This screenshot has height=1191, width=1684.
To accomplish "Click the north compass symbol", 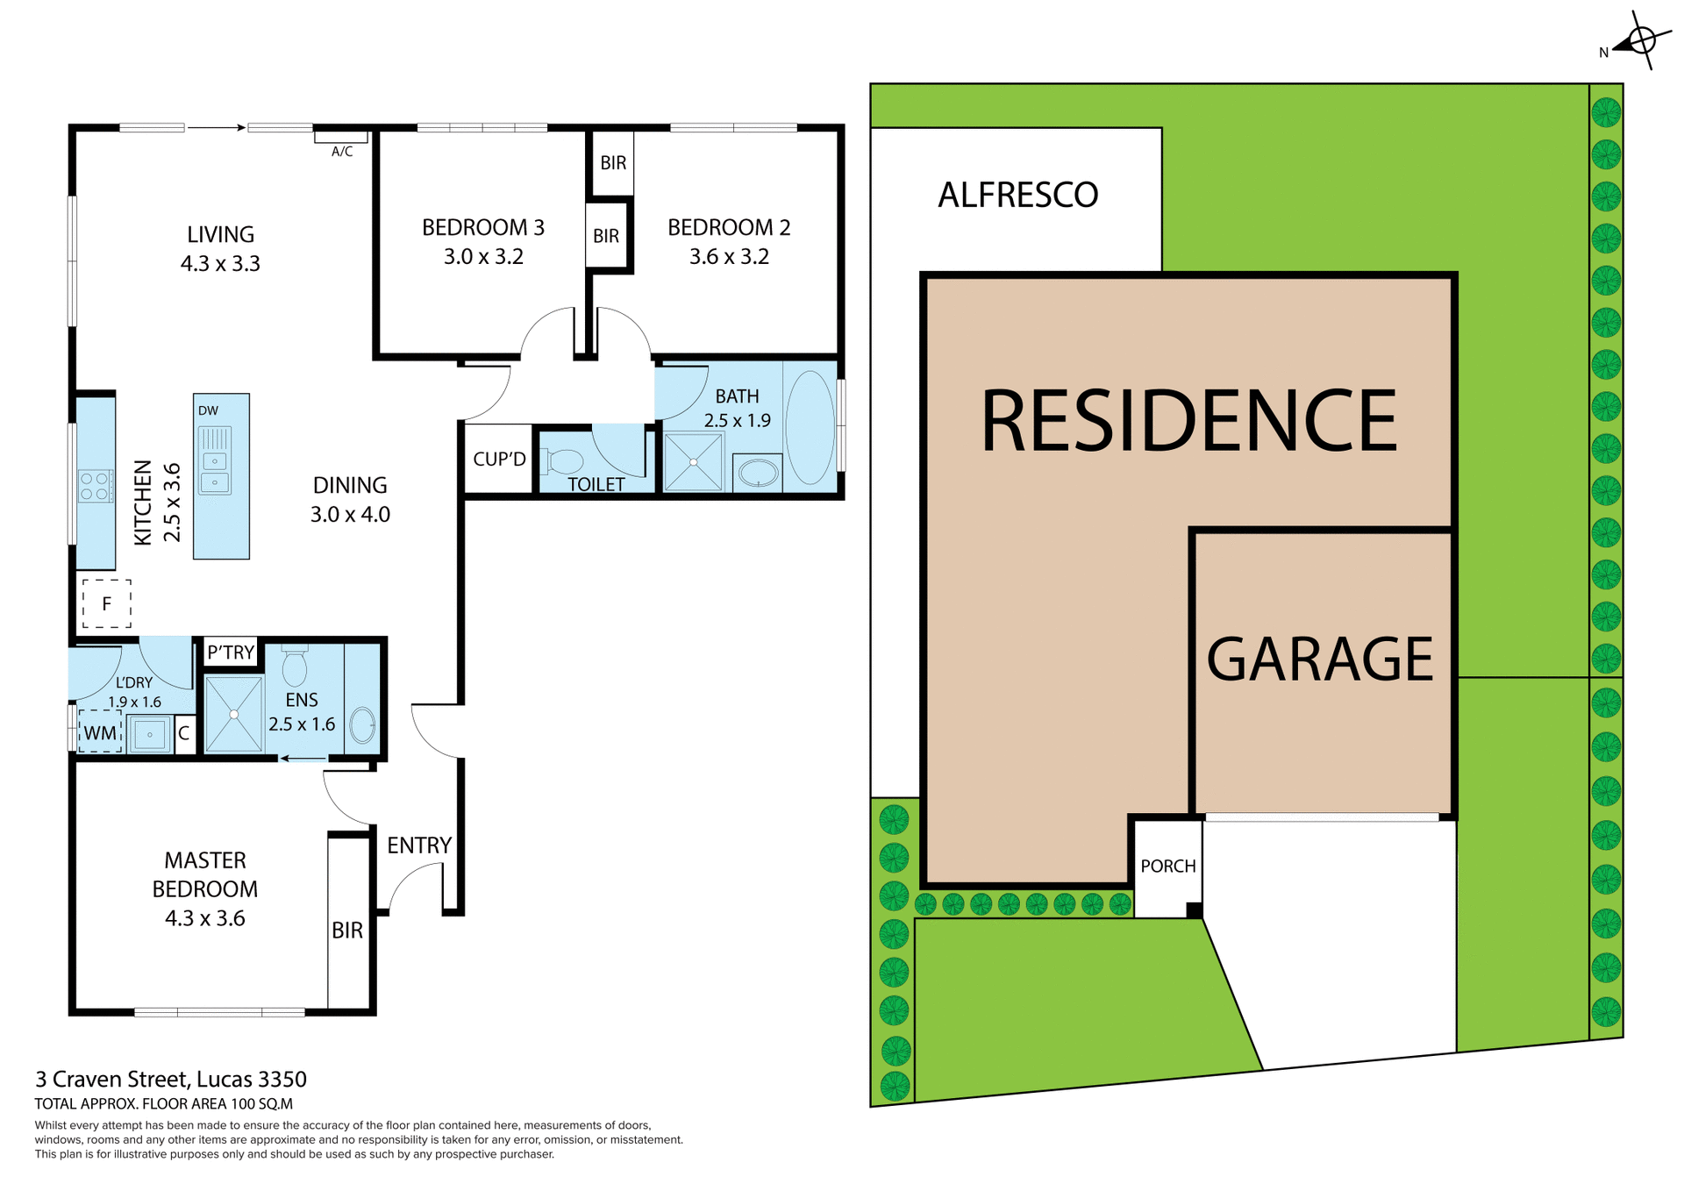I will (1641, 41).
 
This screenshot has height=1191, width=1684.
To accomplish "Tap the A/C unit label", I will (342, 152).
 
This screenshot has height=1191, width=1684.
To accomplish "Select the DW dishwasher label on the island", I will (208, 410).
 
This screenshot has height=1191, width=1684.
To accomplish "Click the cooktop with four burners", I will (95, 486).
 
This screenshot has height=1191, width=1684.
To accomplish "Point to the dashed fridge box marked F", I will (107, 603).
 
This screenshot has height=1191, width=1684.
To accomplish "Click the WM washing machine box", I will (100, 732).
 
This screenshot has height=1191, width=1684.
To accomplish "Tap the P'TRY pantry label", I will (231, 653).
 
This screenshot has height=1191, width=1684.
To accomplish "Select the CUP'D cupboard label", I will (499, 459).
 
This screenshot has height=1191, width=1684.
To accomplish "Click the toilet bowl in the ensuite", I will (295, 667).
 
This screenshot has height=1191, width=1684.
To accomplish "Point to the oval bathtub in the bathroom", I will (810, 428).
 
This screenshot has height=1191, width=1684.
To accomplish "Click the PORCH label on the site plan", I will (1167, 867).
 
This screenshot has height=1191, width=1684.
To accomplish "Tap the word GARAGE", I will (1320, 660).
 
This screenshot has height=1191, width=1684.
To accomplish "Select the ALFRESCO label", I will (1017, 195).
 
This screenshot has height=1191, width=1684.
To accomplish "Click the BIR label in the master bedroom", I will (347, 931).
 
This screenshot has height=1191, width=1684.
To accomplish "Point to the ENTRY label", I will (419, 845).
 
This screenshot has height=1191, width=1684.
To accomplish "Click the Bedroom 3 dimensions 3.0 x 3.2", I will (483, 257).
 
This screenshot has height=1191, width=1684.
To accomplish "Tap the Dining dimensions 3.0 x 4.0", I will (350, 515).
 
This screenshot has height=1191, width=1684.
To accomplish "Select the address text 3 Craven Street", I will (171, 1080).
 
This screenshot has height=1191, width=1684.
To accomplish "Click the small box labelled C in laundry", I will (184, 734).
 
